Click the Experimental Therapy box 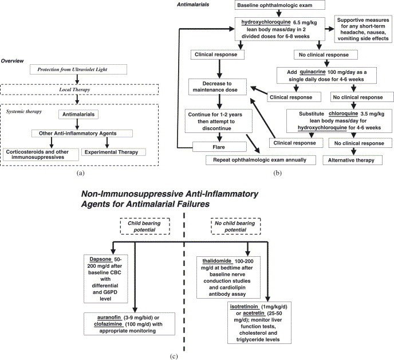pyautogui.click(x=115, y=152)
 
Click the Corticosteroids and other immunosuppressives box pyautogui.click(x=36, y=154)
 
